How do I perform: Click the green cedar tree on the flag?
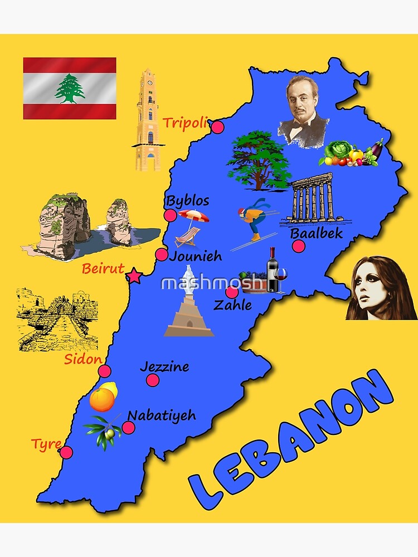[70, 89]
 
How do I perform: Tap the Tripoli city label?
[184, 123]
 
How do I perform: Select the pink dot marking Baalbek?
[299, 246]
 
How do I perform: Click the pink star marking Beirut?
[134, 276]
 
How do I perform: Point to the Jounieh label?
[195, 256]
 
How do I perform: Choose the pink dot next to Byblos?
[171, 216]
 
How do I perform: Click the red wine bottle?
[272, 271]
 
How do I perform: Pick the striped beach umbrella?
[193, 216]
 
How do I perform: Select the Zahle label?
[232, 305]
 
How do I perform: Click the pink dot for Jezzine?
[153, 380]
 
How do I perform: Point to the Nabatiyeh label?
[162, 415]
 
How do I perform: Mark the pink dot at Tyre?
[66, 452]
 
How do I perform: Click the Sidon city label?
[83, 359]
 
